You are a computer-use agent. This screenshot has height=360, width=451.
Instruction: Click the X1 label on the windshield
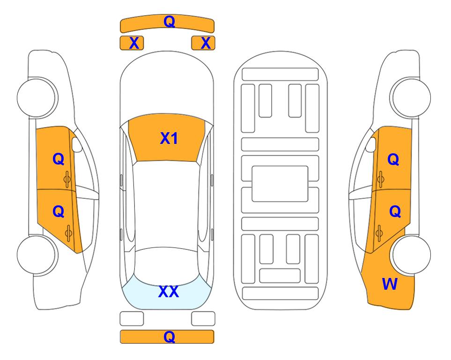click(169, 138)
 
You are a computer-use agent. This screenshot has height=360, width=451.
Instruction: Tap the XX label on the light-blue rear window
click(169, 292)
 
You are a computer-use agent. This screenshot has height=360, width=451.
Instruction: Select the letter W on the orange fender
click(390, 284)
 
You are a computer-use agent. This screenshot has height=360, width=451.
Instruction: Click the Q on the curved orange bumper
click(169, 22)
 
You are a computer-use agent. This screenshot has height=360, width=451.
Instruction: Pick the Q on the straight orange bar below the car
click(169, 337)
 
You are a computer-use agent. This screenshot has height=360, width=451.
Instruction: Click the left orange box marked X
click(132, 43)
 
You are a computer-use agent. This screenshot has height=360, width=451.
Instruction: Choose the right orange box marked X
click(203, 43)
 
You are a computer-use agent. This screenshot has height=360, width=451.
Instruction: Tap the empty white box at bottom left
click(132, 319)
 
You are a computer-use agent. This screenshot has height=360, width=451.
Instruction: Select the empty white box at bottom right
click(203, 319)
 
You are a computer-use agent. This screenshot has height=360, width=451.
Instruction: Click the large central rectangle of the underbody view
click(280, 184)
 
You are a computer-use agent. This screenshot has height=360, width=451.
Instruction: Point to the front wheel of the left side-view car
click(37, 97)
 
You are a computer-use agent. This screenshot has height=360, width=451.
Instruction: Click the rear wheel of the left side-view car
click(37, 255)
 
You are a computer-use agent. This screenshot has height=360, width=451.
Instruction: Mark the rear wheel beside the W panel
click(411, 255)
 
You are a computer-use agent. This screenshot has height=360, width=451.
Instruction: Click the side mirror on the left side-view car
click(77, 144)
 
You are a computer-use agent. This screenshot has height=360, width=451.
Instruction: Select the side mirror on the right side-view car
click(371, 144)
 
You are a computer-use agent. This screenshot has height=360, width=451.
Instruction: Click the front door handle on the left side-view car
click(67, 180)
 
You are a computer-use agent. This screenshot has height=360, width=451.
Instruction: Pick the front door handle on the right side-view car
click(381, 180)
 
